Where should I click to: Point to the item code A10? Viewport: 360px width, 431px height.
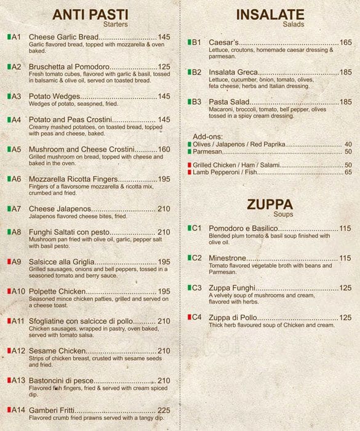pyautogui.click(x=17, y=291)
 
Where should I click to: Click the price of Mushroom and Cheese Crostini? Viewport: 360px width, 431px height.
pyautogui.click(x=164, y=149)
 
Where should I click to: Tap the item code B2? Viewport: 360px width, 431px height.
pyautogui.click(x=196, y=72)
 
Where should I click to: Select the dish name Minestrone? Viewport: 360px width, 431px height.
pyautogui.click(x=228, y=258)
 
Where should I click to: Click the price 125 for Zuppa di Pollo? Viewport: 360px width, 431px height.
pyautogui.click(x=345, y=318)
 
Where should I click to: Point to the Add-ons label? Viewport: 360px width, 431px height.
pyautogui.click(x=207, y=136)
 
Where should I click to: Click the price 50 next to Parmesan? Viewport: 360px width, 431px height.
pyautogui.click(x=348, y=151)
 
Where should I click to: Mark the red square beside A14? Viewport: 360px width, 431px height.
pyautogui.click(x=9, y=410)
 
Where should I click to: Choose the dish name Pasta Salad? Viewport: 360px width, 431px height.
pyautogui.click(x=229, y=102)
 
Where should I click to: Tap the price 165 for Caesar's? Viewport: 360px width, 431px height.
pyautogui.click(x=345, y=42)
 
